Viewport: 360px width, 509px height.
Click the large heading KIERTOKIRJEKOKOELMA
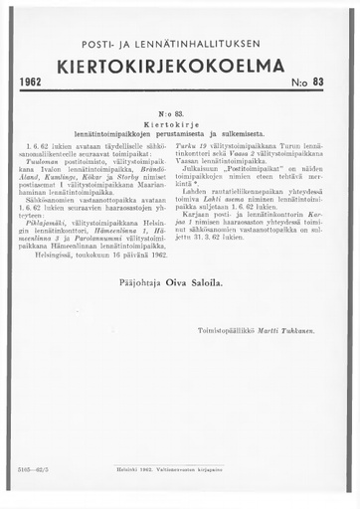point(179,69)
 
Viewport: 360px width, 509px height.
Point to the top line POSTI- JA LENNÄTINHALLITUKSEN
point(180,46)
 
